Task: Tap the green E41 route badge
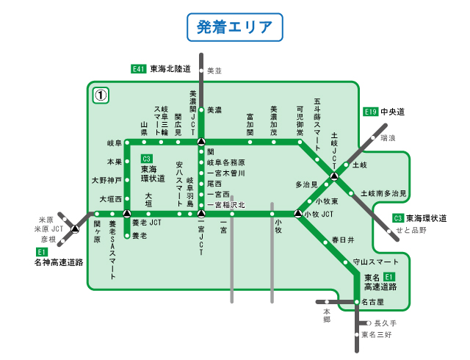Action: point(139,69)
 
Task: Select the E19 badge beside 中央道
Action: point(371,112)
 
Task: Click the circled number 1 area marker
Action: point(101,95)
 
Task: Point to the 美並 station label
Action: point(214,71)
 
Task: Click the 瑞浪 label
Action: point(388,138)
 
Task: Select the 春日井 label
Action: point(342,240)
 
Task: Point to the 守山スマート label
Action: point(375,262)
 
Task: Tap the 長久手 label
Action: point(385,323)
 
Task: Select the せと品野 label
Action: point(411,230)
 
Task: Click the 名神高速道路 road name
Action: point(59,262)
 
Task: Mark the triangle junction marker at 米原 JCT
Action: point(74,229)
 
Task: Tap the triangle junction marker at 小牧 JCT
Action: point(297,214)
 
